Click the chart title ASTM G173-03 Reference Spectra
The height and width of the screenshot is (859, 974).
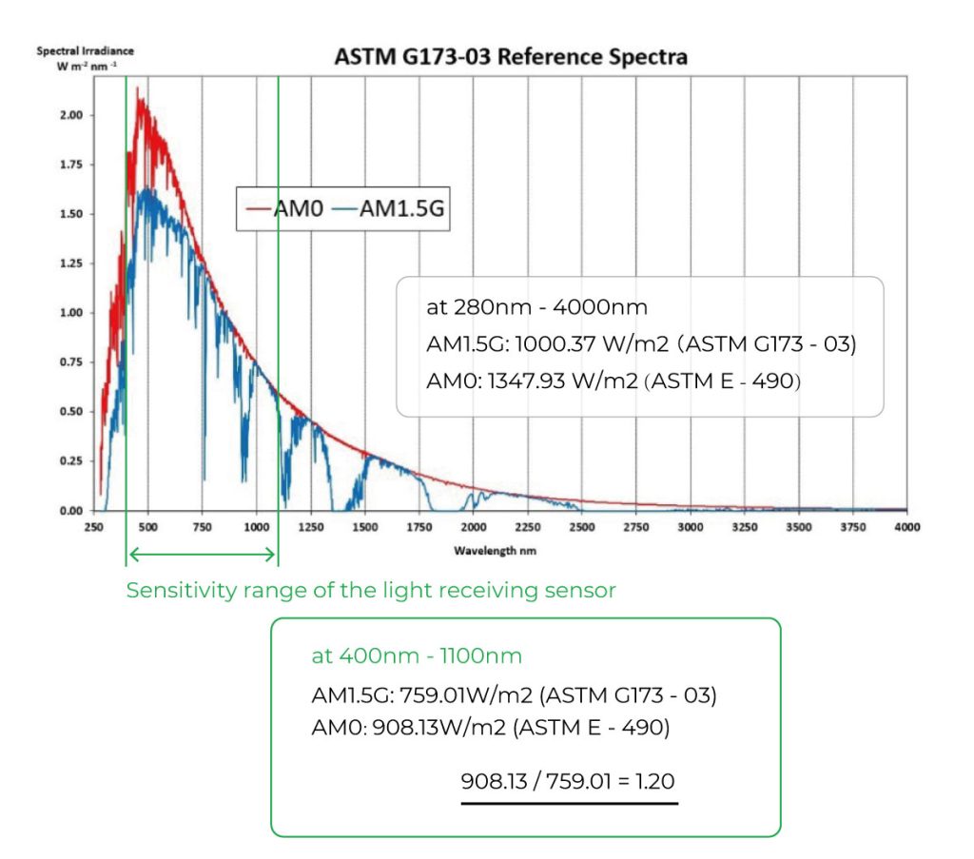pos(511,57)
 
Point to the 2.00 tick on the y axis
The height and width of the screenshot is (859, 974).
pos(71,115)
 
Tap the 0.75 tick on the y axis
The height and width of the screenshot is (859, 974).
pos(71,362)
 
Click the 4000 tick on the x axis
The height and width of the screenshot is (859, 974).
pos(906,527)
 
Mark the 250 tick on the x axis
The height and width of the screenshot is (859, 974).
pos(93,527)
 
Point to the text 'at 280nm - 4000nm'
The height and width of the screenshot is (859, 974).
pos(537,307)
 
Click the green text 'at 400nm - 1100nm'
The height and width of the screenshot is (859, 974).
pos(417,656)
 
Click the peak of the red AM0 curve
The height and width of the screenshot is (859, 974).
pos(139,89)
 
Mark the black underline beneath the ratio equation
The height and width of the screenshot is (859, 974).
pos(569,803)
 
